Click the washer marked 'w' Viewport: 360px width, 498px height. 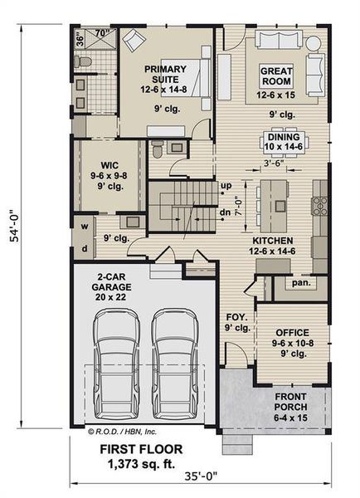click(x=85, y=225)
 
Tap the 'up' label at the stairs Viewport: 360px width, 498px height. click(x=226, y=185)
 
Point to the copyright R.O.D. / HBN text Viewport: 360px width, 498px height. click(x=115, y=432)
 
